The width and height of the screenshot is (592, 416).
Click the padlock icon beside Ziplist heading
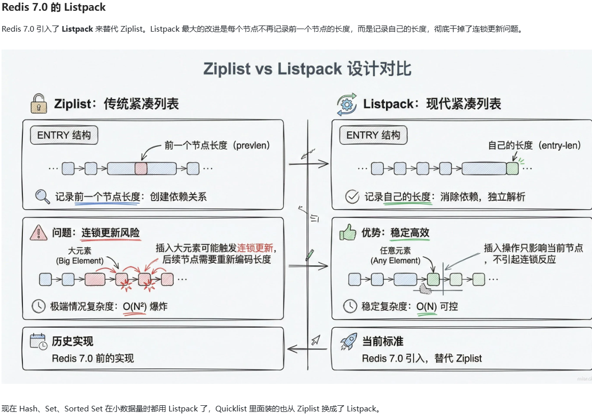(x=39, y=103)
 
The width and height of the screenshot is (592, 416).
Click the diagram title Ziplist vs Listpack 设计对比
(x=307, y=69)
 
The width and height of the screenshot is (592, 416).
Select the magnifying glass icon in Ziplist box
(x=42, y=197)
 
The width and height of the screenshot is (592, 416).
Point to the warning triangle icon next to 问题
(x=39, y=233)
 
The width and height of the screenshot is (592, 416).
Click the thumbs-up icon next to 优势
(x=348, y=233)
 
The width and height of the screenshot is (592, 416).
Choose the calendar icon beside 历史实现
(x=39, y=341)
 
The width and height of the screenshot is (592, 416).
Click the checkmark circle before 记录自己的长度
(x=352, y=197)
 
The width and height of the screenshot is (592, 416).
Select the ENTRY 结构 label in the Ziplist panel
(x=64, y=135)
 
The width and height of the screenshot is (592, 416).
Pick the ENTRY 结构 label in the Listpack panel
(x=373, y=135)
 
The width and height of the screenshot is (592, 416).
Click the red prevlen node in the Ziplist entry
(x=141, y=168)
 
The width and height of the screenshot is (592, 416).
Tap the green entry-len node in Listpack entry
(x=512, y=168)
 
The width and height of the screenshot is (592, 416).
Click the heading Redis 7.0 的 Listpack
(x=54, y=8)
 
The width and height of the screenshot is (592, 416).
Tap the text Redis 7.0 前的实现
(x=93, y=358)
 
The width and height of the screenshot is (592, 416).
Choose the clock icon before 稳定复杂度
(x=350, y=306)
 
